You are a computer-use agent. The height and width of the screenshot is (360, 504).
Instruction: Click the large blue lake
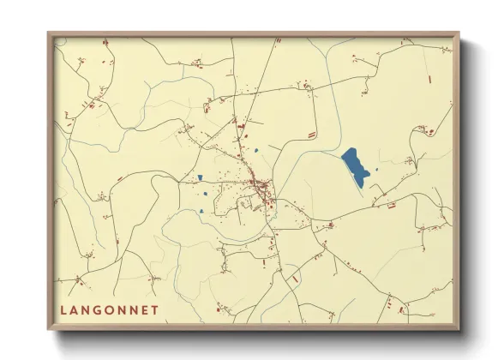pyautogui.click(x=355, y=165)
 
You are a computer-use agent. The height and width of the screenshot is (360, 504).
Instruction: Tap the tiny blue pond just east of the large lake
pyautogui.click(x=376, y=169)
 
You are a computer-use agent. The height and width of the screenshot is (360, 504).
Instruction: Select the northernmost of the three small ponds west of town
pyautogui.click(x=200, y=178)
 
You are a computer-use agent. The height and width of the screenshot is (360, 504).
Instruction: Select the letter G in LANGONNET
pyautogui.click(x=101, y=309)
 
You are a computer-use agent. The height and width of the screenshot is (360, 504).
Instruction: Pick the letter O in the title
pyautogui.click(x=115, y=309)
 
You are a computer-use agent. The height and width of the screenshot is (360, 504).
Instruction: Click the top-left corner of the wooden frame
pyautogui.click(x=49, y=34)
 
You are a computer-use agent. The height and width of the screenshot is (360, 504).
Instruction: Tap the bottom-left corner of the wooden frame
pyautogui.click(x=49, y=329)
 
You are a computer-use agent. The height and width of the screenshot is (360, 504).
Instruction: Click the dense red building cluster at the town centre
pyautogui.click(x=258, y=188)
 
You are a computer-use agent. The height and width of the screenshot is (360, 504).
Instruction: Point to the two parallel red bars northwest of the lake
pyautogui.click(x=312, y=135)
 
